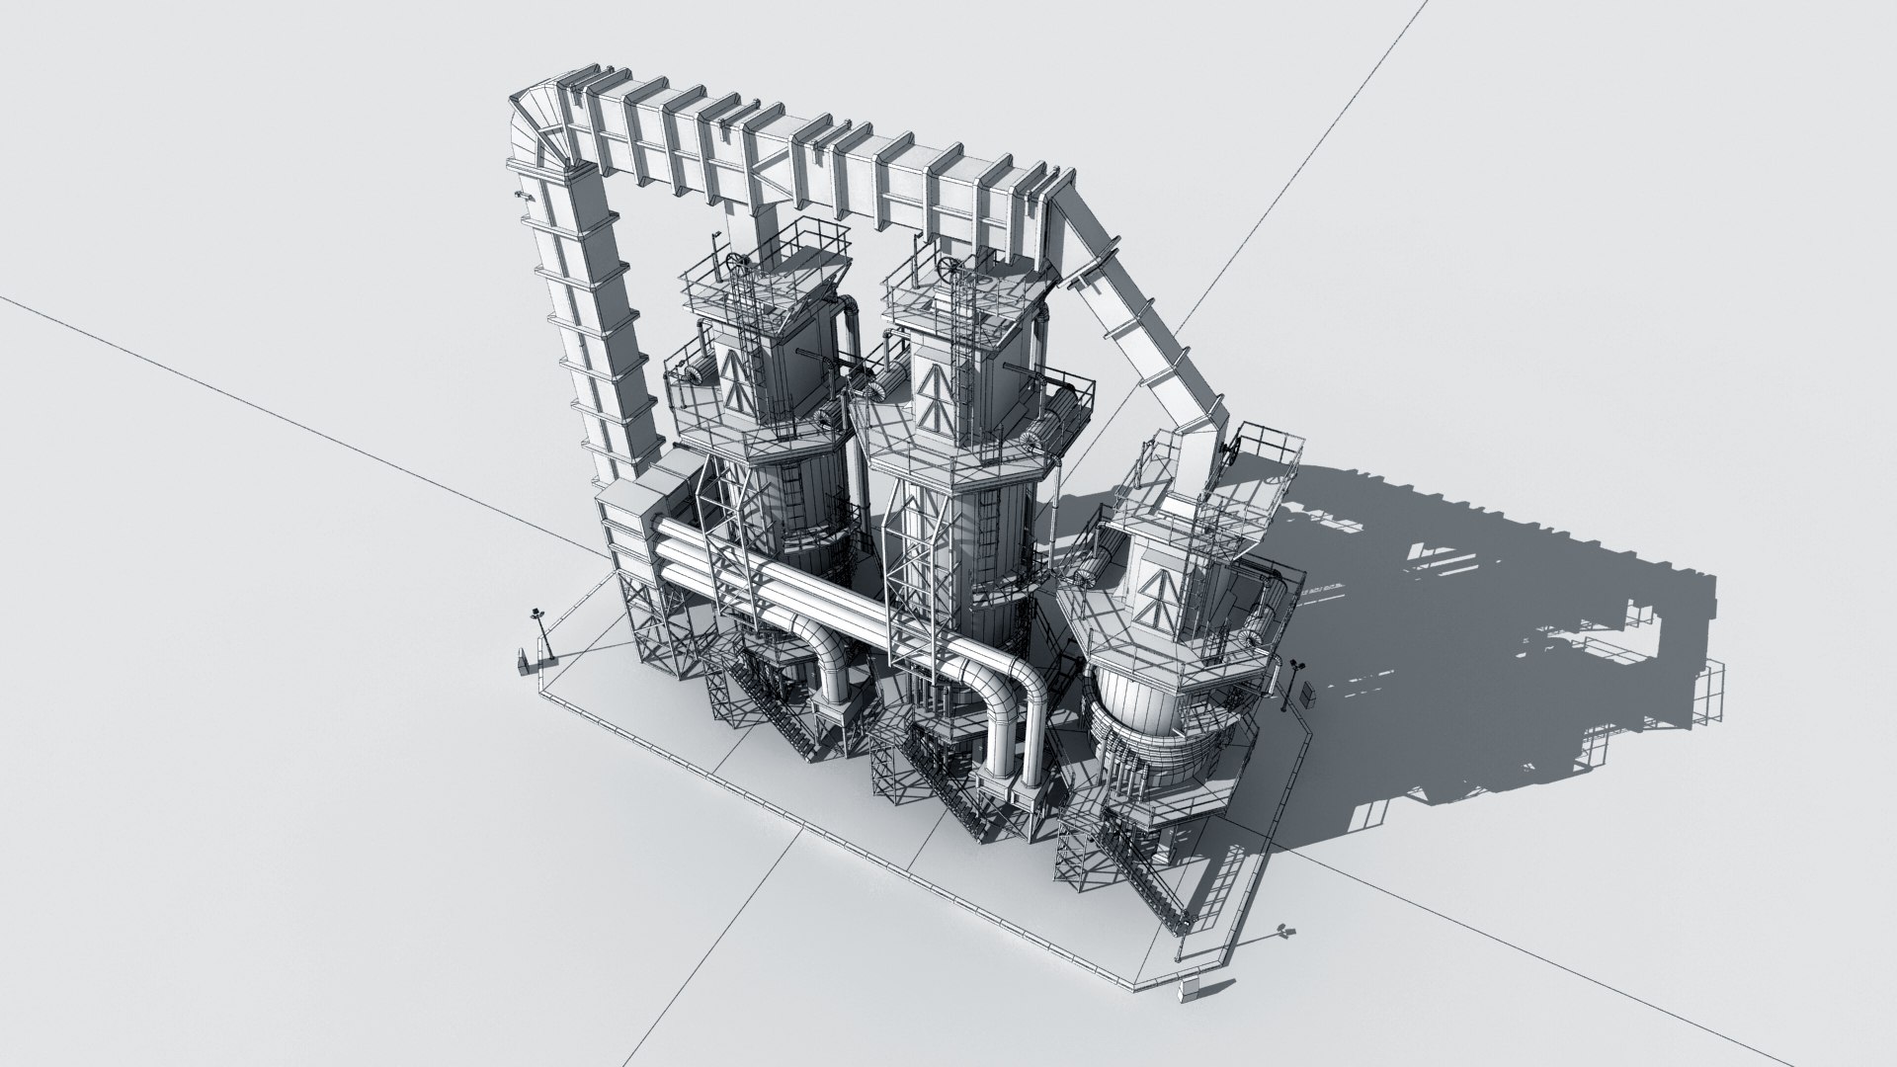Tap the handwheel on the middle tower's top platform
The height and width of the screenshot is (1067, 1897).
(x=951, y=267)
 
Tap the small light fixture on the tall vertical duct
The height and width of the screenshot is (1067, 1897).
(x=519, y=198)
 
